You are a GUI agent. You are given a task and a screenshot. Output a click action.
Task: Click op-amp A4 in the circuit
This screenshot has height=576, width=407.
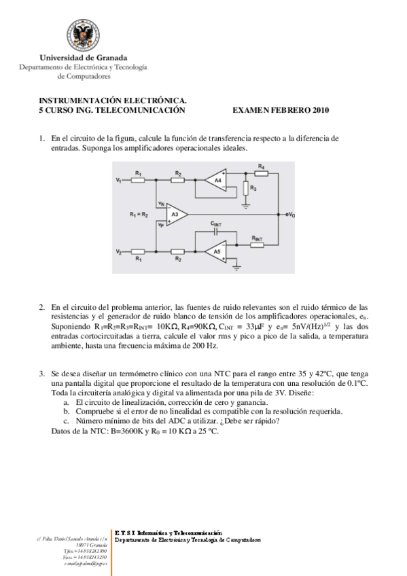(x=217, y=180)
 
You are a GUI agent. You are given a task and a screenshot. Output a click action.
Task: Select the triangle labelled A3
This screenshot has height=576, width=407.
(x=175, y=214)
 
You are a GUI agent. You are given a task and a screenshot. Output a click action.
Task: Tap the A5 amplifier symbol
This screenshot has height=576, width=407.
(x=217, y=251)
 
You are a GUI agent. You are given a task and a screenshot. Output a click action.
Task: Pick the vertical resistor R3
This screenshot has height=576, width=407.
(x=246, y=187)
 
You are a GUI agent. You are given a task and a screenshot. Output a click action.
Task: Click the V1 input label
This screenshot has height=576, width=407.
(x=118, y=180)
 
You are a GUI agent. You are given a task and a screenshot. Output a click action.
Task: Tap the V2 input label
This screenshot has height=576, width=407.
(x=118, y=252)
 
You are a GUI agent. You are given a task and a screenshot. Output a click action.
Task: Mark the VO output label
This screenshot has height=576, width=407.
(x=291, y=215)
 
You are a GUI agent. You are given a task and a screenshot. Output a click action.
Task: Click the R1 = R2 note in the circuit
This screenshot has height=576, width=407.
(x=141, y=215)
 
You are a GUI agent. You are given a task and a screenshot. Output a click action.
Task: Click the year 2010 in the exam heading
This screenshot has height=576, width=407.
(x=319, y=109)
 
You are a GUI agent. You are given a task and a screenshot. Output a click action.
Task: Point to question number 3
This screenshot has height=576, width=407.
(x=41, y=374)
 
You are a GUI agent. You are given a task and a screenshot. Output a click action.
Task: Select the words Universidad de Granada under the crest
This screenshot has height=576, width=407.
(x=84, y=58)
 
